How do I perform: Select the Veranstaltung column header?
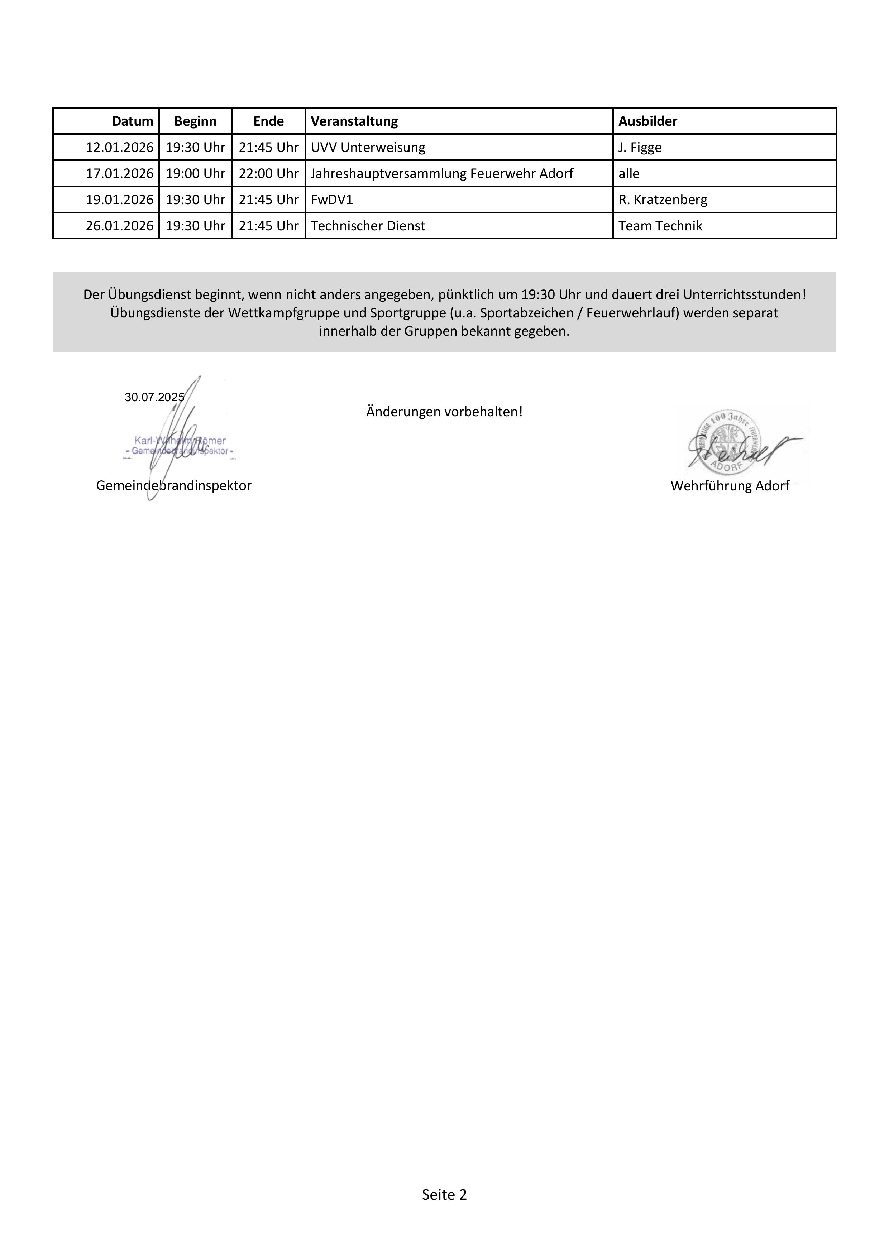click(x=354, y=121)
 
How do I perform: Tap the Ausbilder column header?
click(x=647, y=121)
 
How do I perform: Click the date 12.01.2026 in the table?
click(x=119, y=147)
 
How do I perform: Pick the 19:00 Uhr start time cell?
click(x=196, y=173)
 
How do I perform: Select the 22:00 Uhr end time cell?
click(x=268, y=173)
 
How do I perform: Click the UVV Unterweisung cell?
click(x=368, y=147)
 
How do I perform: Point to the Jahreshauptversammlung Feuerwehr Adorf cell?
click(x=441, y=173)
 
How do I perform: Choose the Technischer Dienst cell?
click(x=368, y=226)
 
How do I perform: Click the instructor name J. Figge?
click(x=640, y=147)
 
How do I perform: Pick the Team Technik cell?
click(x=660, y=226)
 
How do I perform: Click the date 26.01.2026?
click(x=119, y=226)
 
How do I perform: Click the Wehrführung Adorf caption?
click(x=730, y=486)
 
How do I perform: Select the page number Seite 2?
click(x=444, y=1195)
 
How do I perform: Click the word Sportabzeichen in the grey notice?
click(x=522, y=313)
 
